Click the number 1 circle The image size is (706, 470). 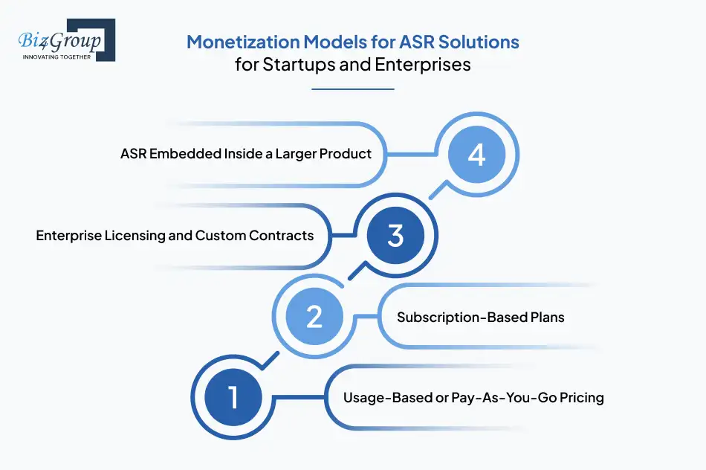(233, 397)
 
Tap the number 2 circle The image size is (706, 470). (314, 317)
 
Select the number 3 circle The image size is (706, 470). (395, 236)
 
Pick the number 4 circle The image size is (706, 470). (476, 155)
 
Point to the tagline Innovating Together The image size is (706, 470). (56, 57)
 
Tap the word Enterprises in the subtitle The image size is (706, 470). (425, 65)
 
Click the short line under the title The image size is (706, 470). (352, 89)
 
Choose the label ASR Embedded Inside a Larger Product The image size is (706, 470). (246, 155)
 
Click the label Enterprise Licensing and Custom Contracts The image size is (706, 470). (175, 236)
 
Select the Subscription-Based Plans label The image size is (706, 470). (480, 318)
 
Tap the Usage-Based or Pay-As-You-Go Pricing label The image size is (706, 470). (473, 398)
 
